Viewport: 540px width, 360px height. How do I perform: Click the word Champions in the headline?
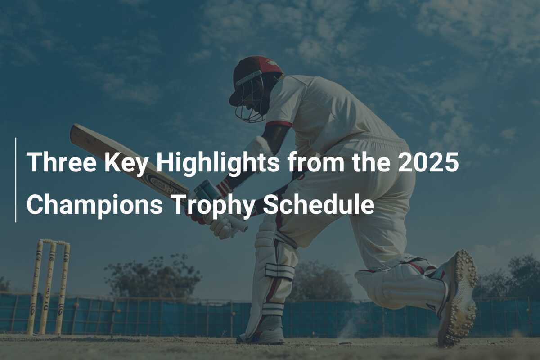(x=94, y=205)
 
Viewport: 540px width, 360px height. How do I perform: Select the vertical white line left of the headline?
(x=16, y=180)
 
